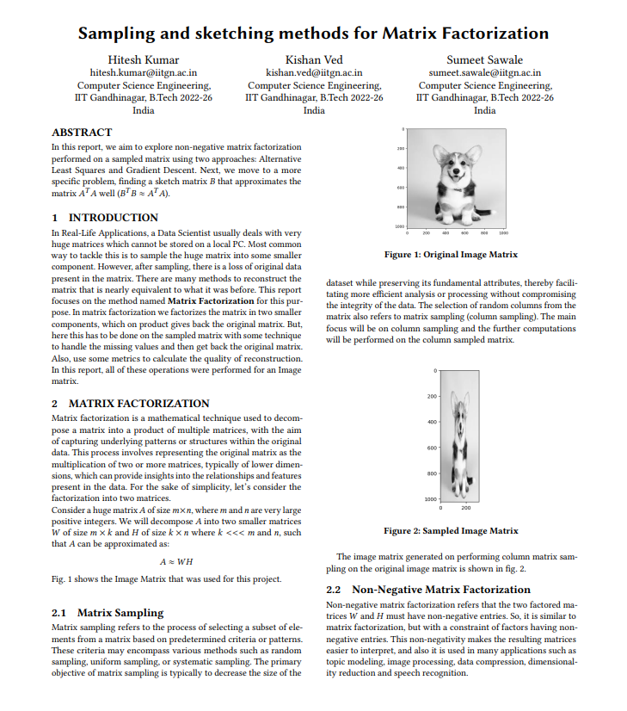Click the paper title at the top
pyautogui.click(x=313, y=34)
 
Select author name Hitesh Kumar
pyautogui.click(x=144, y=59)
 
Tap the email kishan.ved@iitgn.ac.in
pyautogui.click(x=314, y=73)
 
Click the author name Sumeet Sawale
pyautogui.click(x=484, y=59)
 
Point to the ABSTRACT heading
pyautogui.click(x=82, y=133)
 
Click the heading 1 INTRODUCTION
pyautogui.click(x=105, y=218)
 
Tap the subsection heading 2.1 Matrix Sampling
pyautogui.click(x=108, y=613)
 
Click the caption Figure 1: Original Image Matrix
pyautogui.click(x=451, y=255)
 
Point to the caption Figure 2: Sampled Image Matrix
pyautogui.click(x=451, y=531)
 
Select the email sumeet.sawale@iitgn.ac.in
pyautogui.click(x=484, y=73)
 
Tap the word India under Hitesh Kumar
pyautogui.click(x=144, y=110)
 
